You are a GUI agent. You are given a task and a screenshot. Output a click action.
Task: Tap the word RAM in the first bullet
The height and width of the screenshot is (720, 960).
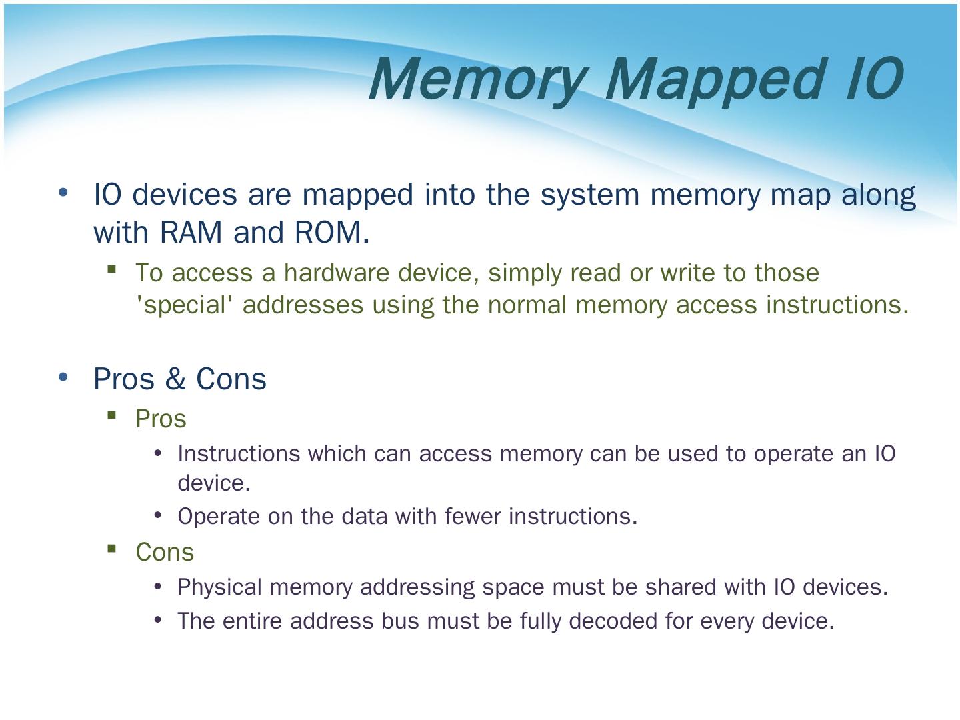[x=191, y=232]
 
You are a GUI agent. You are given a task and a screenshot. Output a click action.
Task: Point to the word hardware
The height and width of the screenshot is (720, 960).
[x=336, y=273]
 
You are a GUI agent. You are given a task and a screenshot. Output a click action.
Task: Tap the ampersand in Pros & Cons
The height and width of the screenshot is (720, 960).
[x=175, y=379]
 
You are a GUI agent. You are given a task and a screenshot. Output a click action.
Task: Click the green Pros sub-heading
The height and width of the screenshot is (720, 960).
[x=161, y=419]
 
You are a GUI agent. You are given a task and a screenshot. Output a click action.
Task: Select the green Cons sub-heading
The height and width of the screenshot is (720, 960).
[x=165, y=552]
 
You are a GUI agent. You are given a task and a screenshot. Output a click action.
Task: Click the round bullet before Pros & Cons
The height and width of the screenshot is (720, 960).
[x=63, y=377]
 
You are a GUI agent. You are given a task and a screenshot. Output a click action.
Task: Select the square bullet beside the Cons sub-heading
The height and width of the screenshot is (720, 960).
[x=111, y=548]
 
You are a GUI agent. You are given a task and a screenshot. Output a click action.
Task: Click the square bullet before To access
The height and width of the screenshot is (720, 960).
[x=111, y=269]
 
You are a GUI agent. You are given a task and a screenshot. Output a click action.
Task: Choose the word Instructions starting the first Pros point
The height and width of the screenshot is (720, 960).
[x=239, y=454]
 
